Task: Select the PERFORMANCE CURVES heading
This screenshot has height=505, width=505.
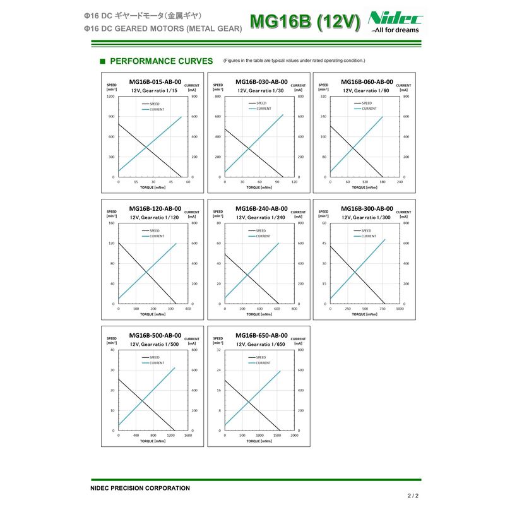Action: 161,61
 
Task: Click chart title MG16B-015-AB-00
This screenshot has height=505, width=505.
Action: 155,81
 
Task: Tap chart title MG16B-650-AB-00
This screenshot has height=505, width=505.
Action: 261,335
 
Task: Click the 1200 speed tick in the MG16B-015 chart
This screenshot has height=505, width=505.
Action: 110,97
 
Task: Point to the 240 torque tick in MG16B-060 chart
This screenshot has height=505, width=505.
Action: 400,182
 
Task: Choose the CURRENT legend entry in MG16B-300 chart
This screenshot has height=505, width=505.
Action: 369,236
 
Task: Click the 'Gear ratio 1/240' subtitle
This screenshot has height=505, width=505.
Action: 261,217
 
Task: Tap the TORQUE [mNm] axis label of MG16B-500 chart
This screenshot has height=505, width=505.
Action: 153,441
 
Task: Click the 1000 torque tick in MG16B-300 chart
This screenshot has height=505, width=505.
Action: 400,309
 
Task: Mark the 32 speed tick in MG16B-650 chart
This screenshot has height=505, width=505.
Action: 218,350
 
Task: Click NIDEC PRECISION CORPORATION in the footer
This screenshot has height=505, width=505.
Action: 140,488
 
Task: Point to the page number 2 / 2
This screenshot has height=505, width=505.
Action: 413,496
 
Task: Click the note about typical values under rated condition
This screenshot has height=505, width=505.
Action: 294,61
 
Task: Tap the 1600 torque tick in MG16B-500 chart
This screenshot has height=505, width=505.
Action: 188,436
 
